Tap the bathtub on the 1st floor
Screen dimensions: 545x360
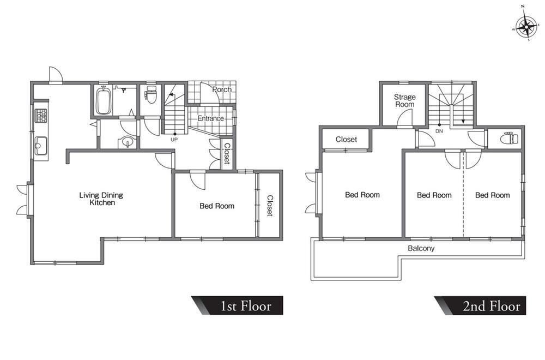coord(103,101)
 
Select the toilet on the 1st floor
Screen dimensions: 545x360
coord(150,94)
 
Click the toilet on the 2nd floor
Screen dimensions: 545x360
coord(509,139)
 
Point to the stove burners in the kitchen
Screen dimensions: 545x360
coord(41,116)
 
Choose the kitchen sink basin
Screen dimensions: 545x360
coord(41,146)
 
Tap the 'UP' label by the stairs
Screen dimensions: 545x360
coord(174,140)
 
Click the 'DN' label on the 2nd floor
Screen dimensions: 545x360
coord(439,131)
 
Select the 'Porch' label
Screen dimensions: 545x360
coord(222,89)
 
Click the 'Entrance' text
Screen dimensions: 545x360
coord(210,118)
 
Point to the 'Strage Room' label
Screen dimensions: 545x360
coord(404,100)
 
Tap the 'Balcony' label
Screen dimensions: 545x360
coord(421,248)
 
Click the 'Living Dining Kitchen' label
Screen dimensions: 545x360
coord(101,199)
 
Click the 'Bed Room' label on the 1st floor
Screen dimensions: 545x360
coord(217,206)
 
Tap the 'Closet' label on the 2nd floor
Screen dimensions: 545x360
coord(346,140)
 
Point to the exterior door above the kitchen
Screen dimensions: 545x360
coord(56,74)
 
